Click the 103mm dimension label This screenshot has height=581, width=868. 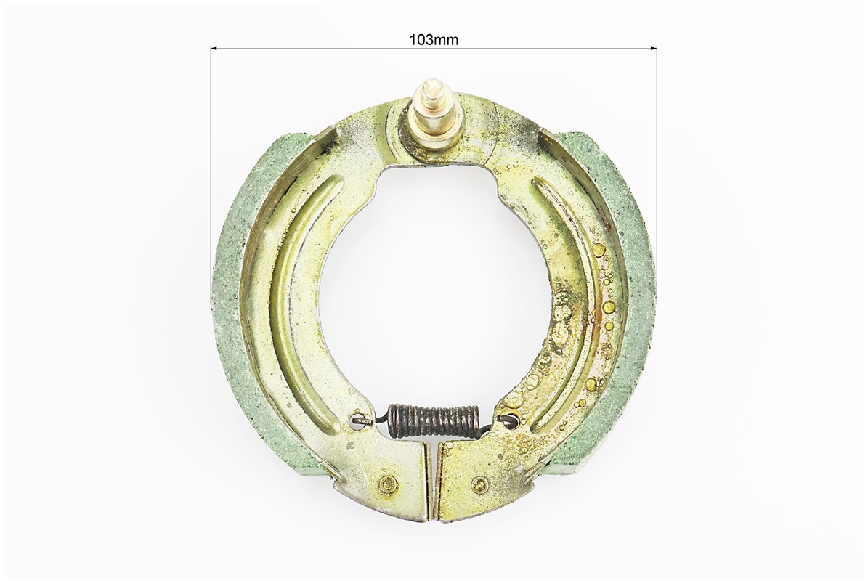(434, 40)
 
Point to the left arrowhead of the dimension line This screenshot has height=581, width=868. (214, 49)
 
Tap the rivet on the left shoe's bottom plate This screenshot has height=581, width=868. (386, 483)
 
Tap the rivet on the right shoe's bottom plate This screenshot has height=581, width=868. (480, 484)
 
